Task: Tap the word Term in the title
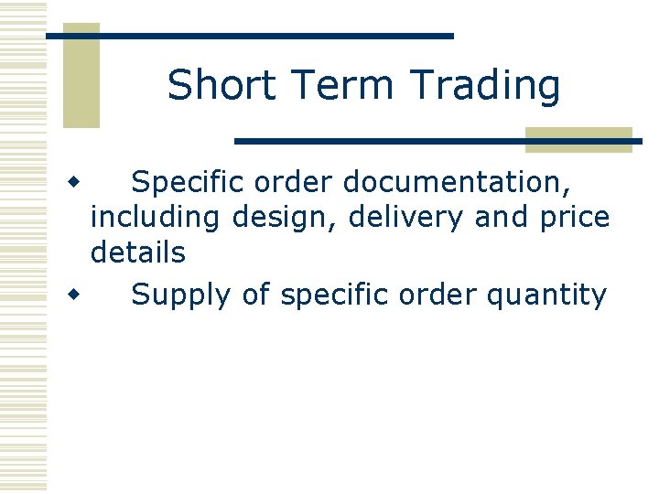pyautogui.click(x=339, y=85)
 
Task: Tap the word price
pyautogui.click(x=574, y=219)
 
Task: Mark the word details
pyautogui.click(x=137, y=252)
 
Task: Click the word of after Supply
pyautogui.click(x=256, y=295)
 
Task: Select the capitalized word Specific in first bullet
pyautogui.click(x=188, y=183)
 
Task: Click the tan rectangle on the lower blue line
pyautogui.click(x=578, y=140)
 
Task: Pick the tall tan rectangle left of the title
pyautogui.click(x=81, y=76)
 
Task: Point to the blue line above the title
pyautogui.click(x=250, y=36)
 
